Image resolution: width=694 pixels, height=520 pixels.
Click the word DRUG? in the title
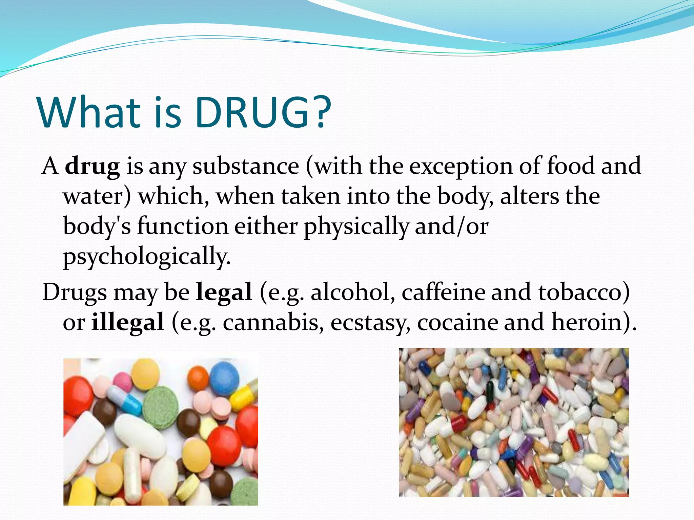[x=263, y=112]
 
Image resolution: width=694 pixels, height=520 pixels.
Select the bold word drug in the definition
[x=92, y=167]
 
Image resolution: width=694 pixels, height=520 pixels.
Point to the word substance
[x=246, y=167]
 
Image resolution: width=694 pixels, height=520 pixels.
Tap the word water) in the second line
[x=97, y=196]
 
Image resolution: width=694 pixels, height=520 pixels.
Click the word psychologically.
[x=146, y=257]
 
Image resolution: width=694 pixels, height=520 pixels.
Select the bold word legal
[x=224, y=292]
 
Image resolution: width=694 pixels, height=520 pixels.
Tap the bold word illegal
[x=128, y=322]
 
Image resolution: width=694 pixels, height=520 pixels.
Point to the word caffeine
[x=443, y=292]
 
